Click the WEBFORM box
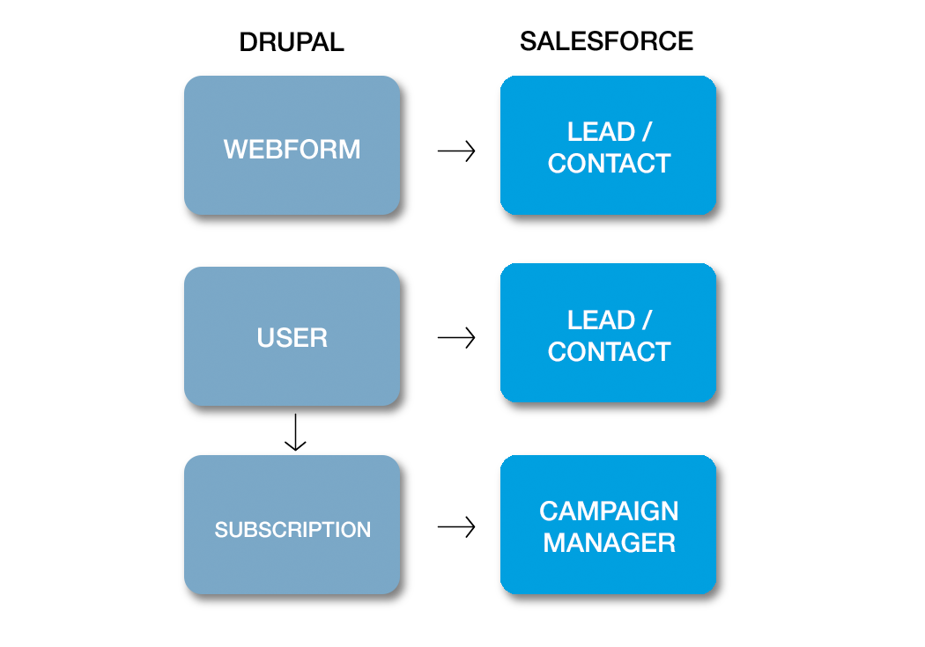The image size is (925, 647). [x=292, y=145]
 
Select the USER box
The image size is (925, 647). [x=292, y=336]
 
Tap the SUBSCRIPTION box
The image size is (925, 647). [x=292, y=525]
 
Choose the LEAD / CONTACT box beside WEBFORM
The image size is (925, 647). [x=608, y=145]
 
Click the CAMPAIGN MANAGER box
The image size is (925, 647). [x=608, y=525]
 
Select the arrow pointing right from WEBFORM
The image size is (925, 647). [x=456, y=151]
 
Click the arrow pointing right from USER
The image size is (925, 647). [x=456, y=337]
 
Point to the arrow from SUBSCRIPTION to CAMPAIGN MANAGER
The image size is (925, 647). [x=456, y=527]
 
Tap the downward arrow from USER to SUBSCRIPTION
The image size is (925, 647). [x=295, y=436]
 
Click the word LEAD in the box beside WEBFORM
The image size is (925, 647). [x=601, y=132]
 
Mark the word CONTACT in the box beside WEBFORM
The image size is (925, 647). [x=609, y=164]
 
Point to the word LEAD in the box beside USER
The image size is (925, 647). [x=601, y=320]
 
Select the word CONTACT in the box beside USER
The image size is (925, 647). [x=609, y=352]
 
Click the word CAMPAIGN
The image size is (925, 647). [x=609, y=511]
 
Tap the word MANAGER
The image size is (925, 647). [x=609, y=543]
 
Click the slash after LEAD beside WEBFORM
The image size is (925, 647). [x=647, y=132]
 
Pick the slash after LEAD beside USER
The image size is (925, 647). [x=647, y=320]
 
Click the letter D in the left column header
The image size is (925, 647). [x=249, y=41]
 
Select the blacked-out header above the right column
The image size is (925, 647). [x=606, y=41]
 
